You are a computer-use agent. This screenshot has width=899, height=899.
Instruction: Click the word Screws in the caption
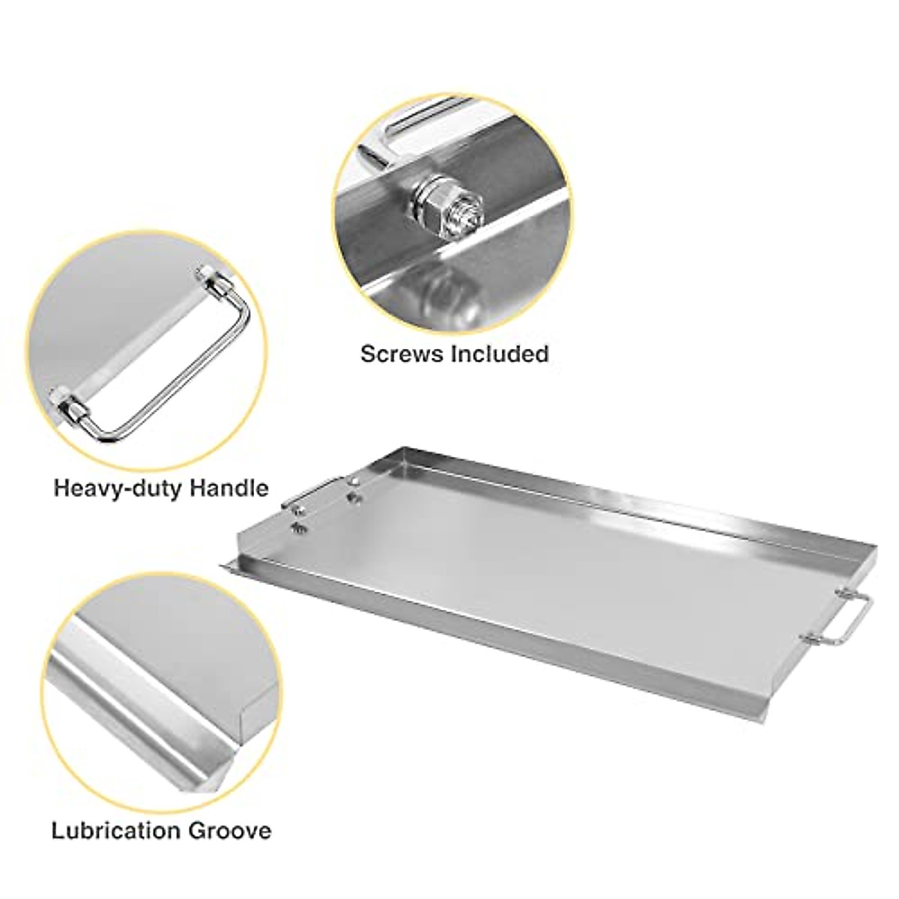[401, 353]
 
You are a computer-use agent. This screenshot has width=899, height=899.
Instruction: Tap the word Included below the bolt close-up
[498, 353]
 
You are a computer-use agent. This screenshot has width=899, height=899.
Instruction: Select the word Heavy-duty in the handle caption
[119, 488]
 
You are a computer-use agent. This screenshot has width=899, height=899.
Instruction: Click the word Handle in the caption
[229, 488]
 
